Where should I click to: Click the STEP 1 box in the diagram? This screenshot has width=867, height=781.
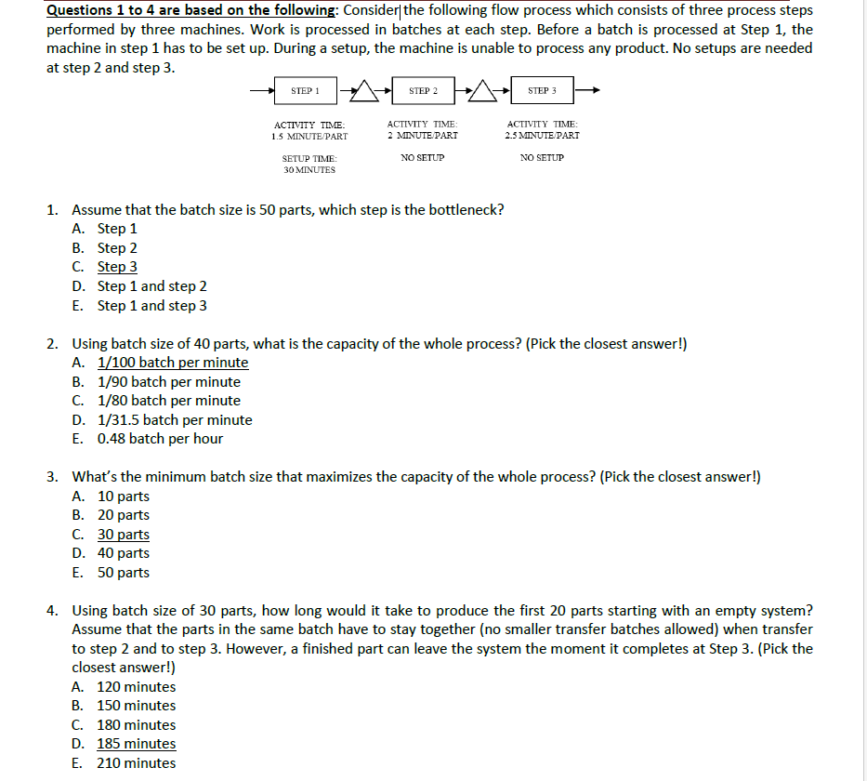coord(305,91)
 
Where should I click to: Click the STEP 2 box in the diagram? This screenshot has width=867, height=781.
coord(423,91)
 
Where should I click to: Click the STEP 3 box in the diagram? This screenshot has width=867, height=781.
coord(542,91)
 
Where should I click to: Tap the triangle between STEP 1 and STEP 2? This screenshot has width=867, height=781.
coord(366,91)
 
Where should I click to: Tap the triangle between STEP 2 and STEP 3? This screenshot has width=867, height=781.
coord(484,91)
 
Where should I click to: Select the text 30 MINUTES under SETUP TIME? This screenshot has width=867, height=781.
coord(309,170)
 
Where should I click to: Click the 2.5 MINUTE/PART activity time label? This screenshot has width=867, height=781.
coord(543,136)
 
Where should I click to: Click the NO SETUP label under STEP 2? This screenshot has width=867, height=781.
coord(423,158)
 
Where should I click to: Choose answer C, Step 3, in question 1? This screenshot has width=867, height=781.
coord(117,267)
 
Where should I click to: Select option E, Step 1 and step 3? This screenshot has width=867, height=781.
coord(151,305)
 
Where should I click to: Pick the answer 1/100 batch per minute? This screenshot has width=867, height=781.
coord(173,363)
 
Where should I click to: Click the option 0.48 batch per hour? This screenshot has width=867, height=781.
coord(160,439)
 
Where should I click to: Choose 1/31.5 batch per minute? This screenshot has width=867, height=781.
coord(175,419)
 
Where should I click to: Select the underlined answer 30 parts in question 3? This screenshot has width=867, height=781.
coord(123,535)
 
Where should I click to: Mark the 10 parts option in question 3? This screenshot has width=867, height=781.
coord(123,496)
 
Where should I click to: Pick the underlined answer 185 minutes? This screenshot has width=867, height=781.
coord(136,744)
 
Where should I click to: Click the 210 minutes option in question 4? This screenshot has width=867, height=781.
coord(136,763)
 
